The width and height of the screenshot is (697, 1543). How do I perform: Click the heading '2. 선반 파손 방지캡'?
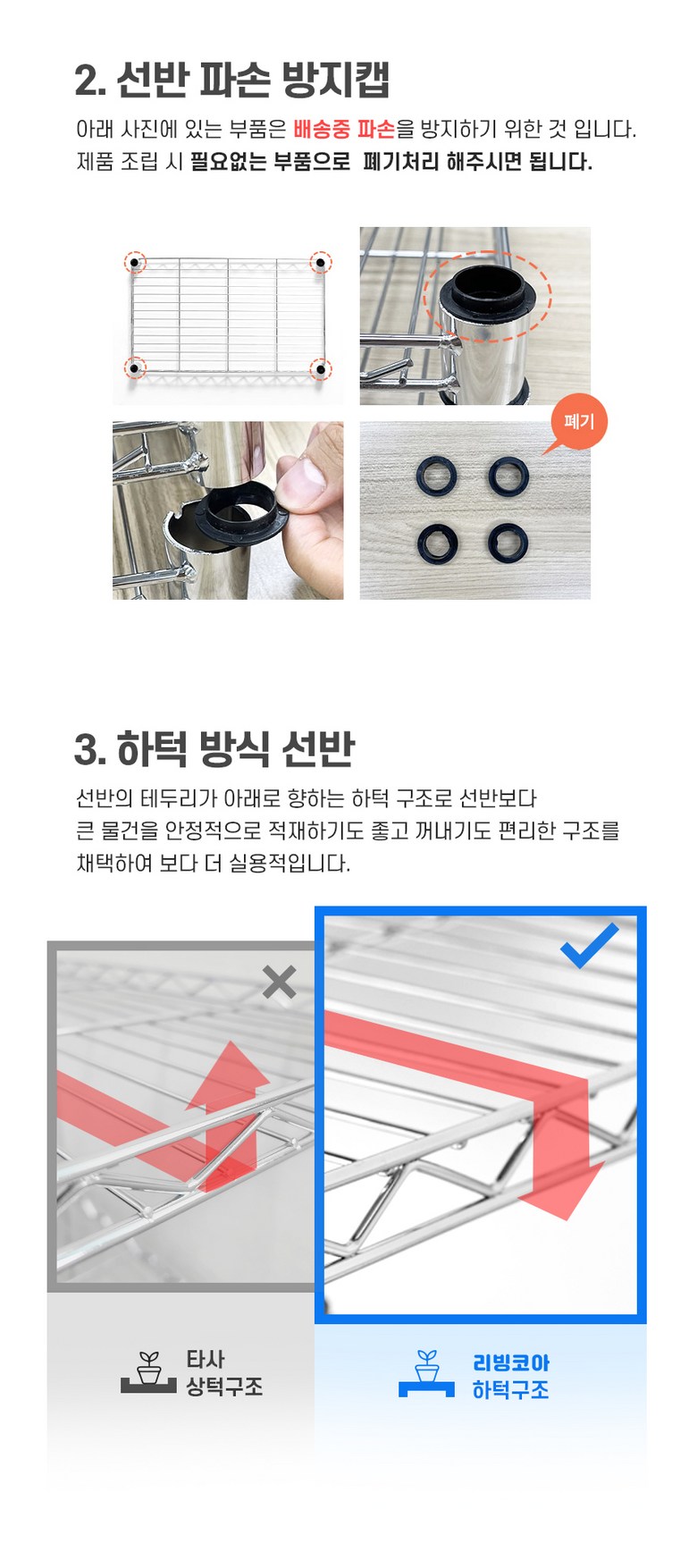pos(232,80)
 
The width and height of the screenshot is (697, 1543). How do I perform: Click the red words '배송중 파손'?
pos(344,129)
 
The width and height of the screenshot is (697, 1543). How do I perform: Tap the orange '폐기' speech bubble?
pos(579,423)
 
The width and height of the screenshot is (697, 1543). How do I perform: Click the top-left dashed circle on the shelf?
pos(134,262)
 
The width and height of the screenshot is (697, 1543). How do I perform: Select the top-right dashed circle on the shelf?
pos(320,262)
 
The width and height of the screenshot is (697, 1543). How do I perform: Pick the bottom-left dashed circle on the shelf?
pos(134,367)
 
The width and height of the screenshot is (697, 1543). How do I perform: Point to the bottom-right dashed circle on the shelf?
pos(320,367)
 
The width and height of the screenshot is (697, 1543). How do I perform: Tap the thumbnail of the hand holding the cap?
pos(228,510)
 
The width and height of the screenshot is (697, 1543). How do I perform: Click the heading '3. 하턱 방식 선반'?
pos(214,749)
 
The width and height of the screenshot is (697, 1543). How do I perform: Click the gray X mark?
pos(280,982)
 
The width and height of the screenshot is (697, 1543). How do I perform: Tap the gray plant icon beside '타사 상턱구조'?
pos(148,1372)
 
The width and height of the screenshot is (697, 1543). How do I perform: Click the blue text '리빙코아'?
pos(511,1362)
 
